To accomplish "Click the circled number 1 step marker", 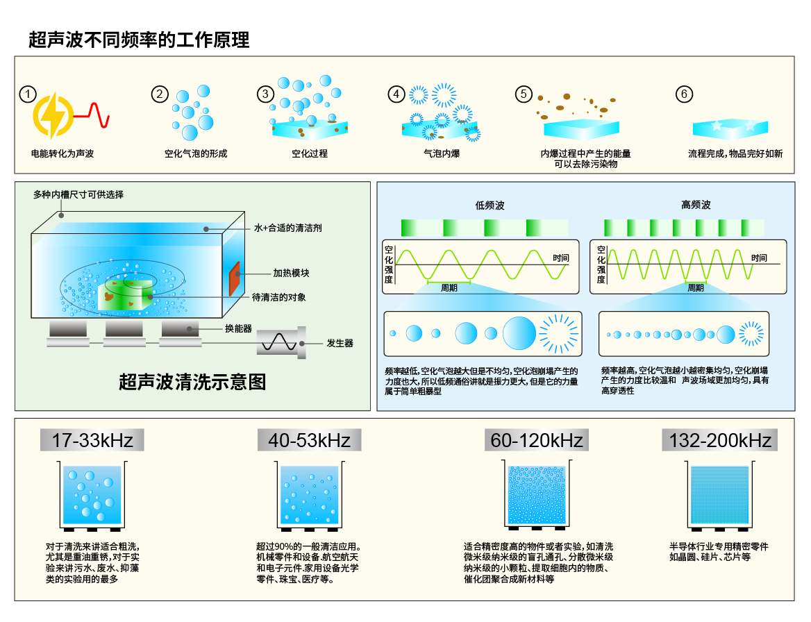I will [27, 94].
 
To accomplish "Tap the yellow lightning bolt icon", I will [53, 115].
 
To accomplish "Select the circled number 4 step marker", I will [396, 94].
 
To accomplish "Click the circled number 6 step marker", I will [685, 94].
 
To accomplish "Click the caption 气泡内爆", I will [442, 153].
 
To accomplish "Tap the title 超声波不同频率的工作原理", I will [139, 40].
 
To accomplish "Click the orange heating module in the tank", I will [234, 278].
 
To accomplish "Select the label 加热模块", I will [291, 273].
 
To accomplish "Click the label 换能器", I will [238, 328].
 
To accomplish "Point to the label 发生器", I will [340, 343].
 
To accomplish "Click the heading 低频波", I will [490, 205].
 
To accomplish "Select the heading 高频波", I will [696, 205].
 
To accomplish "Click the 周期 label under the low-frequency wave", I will [449, 288].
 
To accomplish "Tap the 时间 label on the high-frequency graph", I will [759, 258].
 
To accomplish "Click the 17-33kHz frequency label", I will [92, 440].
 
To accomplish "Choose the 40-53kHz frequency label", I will [309, 440].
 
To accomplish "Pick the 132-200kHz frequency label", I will [719, 440].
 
